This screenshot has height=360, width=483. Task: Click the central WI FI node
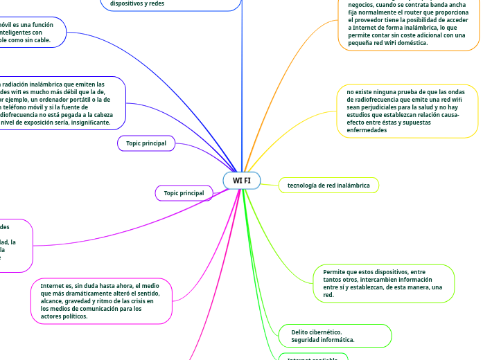click(x=242, y=181)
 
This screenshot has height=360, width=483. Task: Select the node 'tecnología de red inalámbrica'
click(x=328, y=186)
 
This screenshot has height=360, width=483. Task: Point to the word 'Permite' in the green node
click(x=335, y=272)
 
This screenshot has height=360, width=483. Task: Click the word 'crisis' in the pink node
click(x=152, y=300)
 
